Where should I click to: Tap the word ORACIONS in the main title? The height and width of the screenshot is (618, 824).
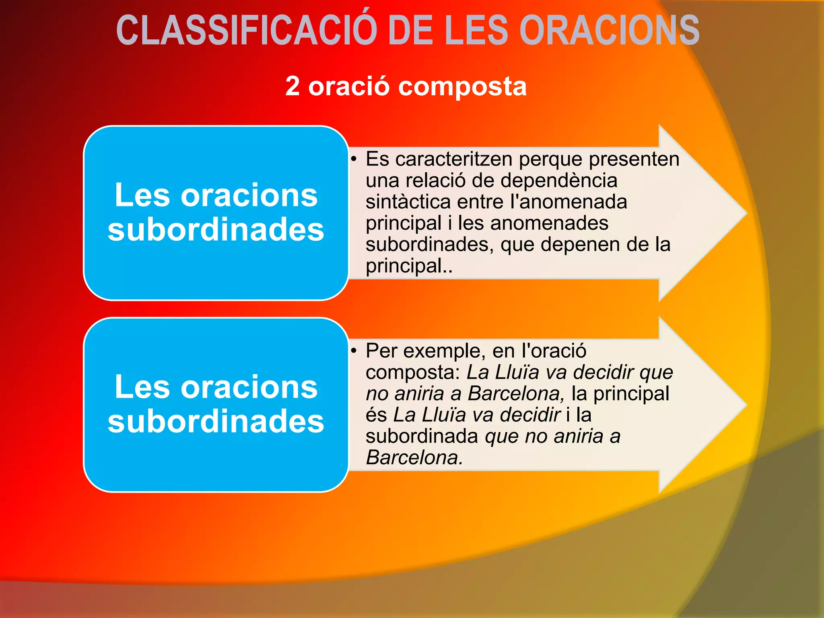pyautogui.click(x=609, y=31)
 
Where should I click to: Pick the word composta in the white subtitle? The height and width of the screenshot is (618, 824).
pyautogui.click(x=462, y=87)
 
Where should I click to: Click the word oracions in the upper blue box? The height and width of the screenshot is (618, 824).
pyautogui.click(x=249, y=196)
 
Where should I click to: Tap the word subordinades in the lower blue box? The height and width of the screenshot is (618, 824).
pyautogui.click(x=216, y=421)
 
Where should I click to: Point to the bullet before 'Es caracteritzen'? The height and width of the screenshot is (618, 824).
pyautogui.click(x=354, y=159)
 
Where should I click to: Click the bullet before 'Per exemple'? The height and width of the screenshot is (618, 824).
pyautogui.click(x=354, y=351)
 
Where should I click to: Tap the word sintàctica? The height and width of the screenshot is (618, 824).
pyautogui.click(x=408, y=202)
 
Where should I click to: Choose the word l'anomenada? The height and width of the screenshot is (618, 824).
pyautogui.click(x=569, y=202)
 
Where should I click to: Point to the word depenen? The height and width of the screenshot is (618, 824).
pyautogui.click(x=577, y=244)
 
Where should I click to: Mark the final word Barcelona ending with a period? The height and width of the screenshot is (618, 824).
pyautogui.click(x=414, y=457)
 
